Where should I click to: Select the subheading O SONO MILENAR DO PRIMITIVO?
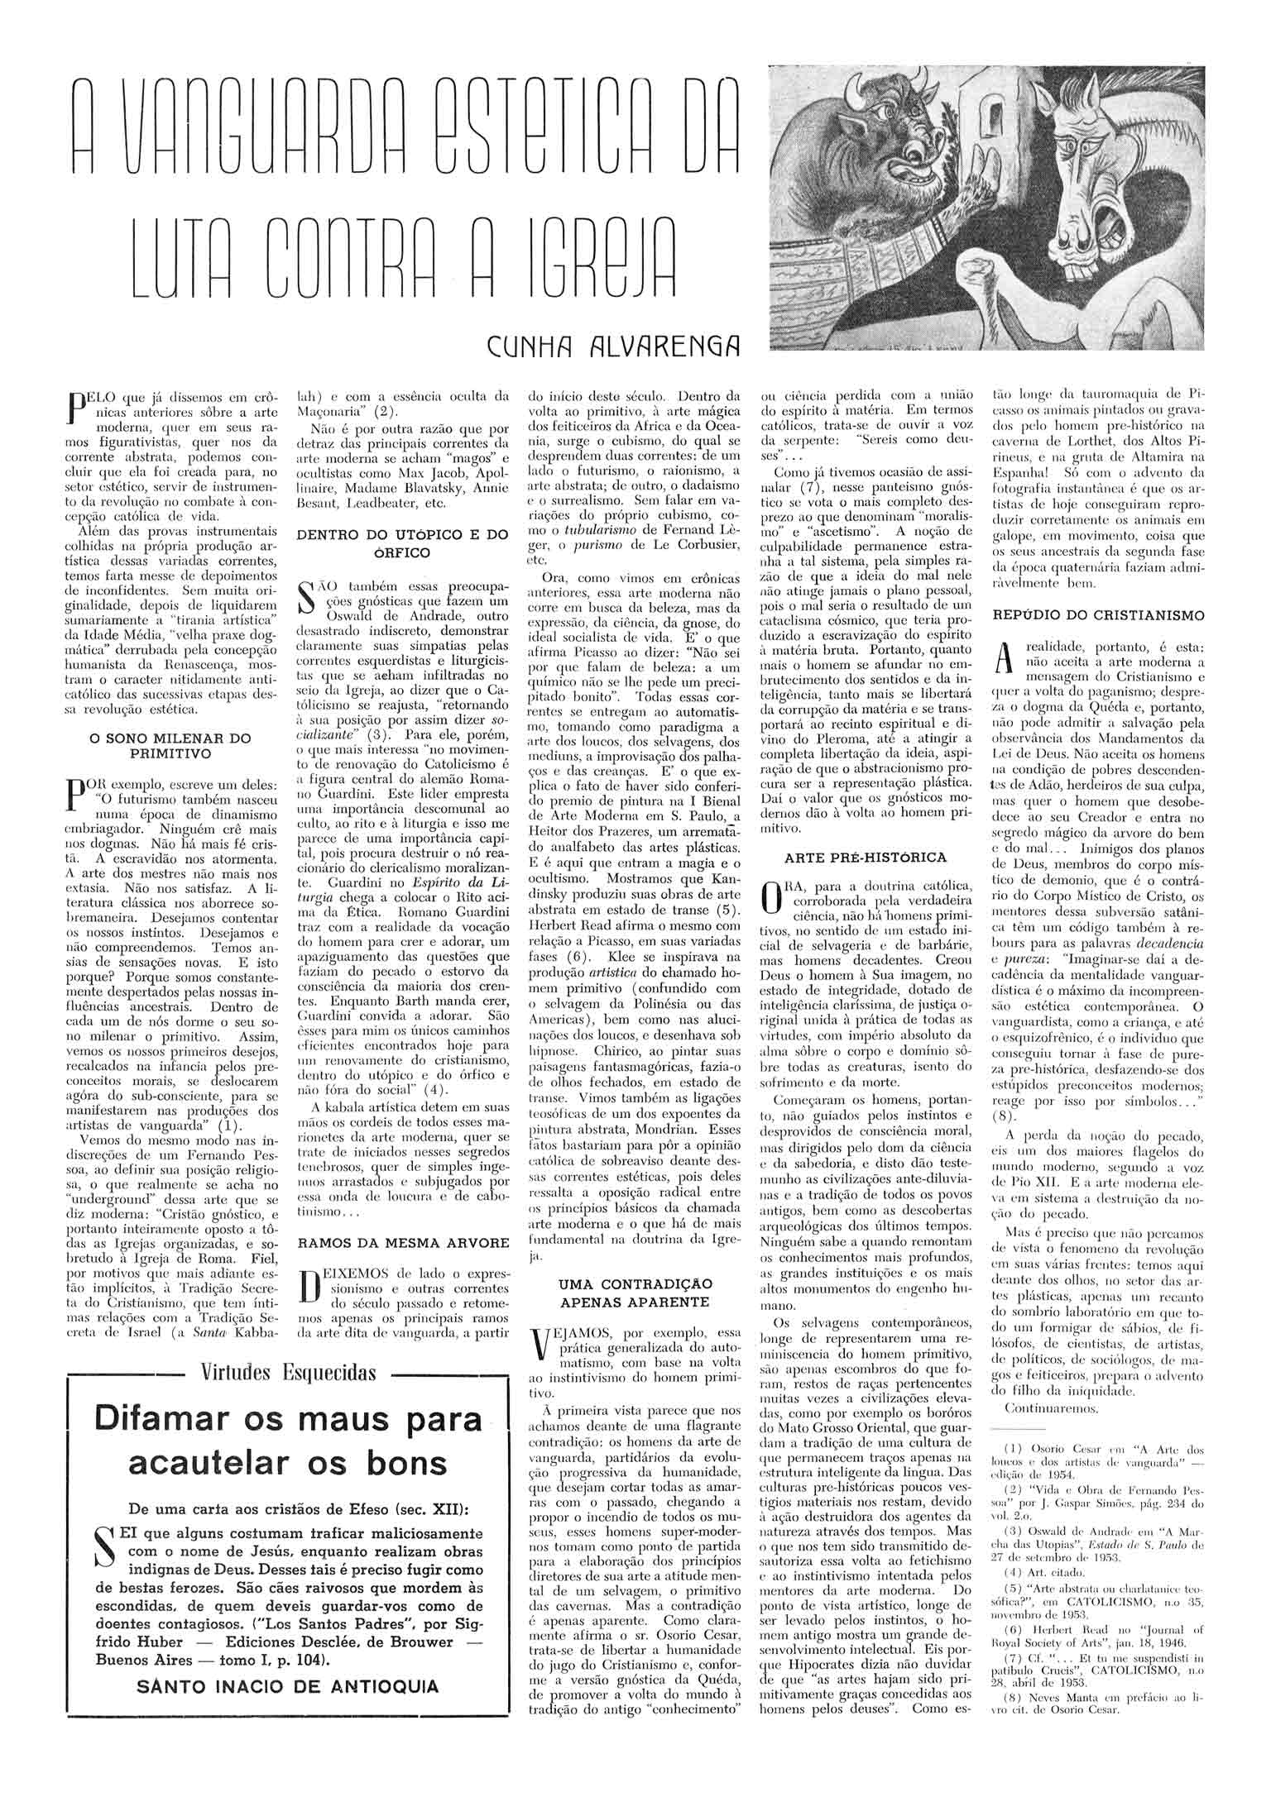170,746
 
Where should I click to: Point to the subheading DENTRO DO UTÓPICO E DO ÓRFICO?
402,543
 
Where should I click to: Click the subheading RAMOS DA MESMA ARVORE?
403,1243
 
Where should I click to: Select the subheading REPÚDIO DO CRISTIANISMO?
1098,614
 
